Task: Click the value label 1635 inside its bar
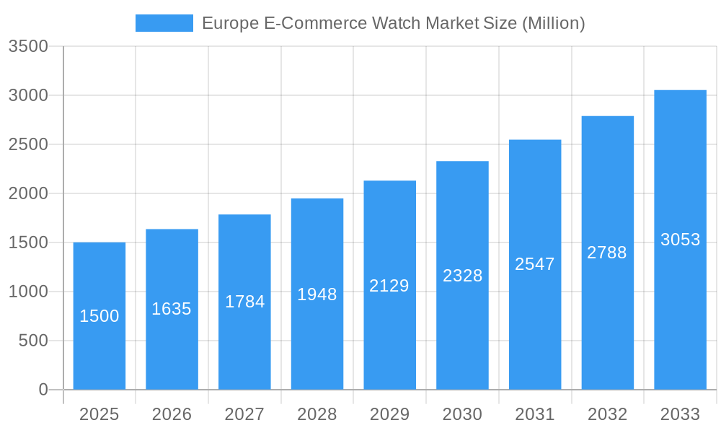(x=172, y=309)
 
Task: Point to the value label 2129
(x=389, y=286)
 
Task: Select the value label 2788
(x=607, y=253)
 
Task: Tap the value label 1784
(x=245, y=302)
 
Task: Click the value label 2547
(x=535, y=264)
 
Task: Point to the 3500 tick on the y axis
(x=28, y=47)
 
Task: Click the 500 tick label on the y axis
(x=33, y=341)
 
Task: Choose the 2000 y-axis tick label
(x=28, y=193)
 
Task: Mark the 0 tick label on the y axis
(x=43, y=390)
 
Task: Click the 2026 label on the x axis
(x=172, y=414)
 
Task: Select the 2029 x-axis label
(x=389, y=414)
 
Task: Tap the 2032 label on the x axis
(x=607, y=414)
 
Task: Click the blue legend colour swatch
(x=164, y=23)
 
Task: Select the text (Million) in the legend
(x=552, y=23)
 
